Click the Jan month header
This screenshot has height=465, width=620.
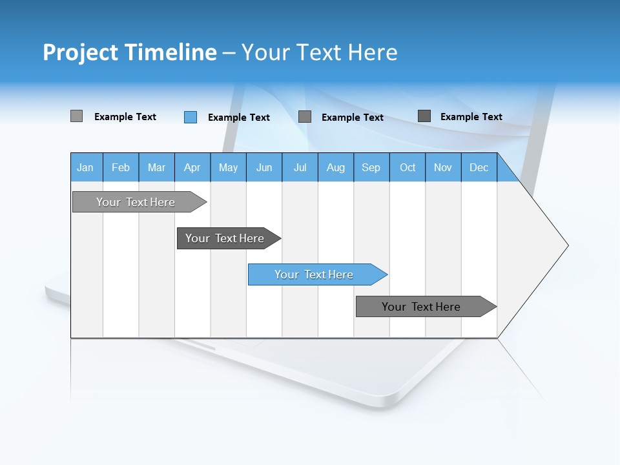point(85,167)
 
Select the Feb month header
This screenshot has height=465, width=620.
point(121,167)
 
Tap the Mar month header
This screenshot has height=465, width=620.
point(156,167)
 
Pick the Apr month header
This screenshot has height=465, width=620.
point(192,167)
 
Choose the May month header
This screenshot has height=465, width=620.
point(228,167)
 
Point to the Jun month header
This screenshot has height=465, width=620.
point(264,167)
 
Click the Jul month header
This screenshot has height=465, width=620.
point(300,167)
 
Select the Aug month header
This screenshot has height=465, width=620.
point(336,167)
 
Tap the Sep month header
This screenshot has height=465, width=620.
point(371,167)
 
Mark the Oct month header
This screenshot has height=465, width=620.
point(408,167)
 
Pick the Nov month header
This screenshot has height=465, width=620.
point(443,167)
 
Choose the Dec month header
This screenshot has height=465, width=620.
point(479,167)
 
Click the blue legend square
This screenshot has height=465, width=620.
point(191,117)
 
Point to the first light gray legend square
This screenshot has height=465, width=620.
point(76,116)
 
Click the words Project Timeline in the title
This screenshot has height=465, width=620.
point(130,52)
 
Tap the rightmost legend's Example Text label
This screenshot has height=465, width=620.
point(471,116)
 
